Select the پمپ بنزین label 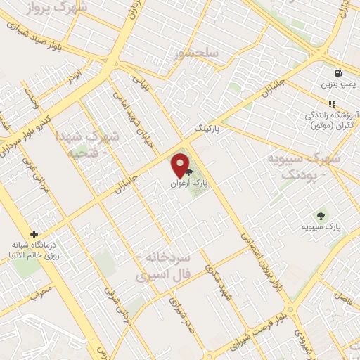coord(336,85)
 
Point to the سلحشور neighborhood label coord(199,53)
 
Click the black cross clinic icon coord(33,234)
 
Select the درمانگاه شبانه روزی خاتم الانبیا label coord(42,251)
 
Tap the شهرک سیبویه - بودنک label coord(303,166)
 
